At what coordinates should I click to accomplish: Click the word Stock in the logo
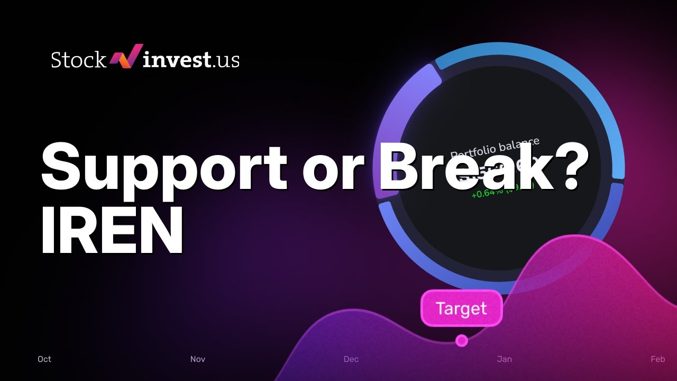pos(78,60)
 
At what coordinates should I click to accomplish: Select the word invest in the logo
pos(177,60)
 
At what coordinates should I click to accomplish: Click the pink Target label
pos(461,309)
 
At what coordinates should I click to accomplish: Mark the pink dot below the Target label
pos(462,341)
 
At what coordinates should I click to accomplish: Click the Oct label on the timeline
pos(44,359)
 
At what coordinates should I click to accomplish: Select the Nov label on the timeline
pos(198,359)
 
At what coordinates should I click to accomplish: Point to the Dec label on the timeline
pos(351,359)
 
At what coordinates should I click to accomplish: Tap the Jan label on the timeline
pos(505,359)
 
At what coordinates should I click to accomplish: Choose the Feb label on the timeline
pos(657,359)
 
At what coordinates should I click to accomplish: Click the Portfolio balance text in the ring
pos(495,148)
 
